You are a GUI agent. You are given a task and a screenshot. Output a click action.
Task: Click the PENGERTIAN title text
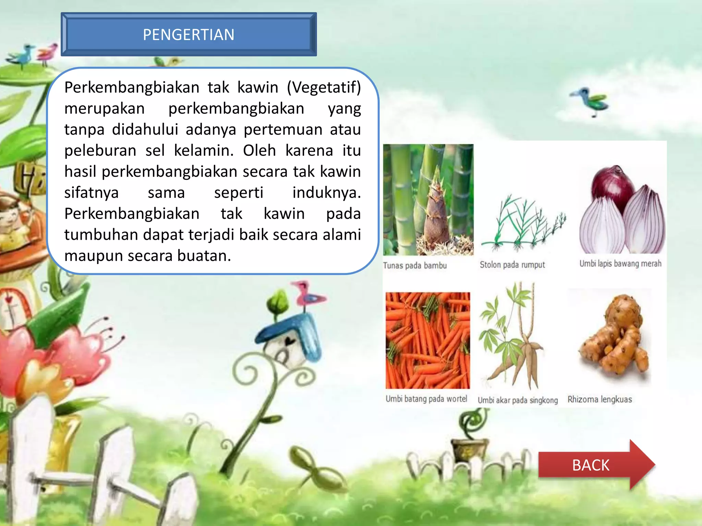tap(189, 35)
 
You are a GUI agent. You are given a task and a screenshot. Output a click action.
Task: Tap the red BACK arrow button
tap(591, 465)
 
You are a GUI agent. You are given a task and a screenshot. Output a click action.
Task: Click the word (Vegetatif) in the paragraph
tap(324, 87)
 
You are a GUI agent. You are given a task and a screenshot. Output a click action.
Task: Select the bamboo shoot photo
tap(428, 199)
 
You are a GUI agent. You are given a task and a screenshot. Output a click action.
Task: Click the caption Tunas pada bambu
tap(415, 266)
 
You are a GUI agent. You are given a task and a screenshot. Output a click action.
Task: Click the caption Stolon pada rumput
tap(512, 265)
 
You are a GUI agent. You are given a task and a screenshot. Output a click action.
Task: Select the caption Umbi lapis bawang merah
tap(620, 264)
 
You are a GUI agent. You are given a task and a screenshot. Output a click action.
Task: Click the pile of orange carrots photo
tap(427, 340)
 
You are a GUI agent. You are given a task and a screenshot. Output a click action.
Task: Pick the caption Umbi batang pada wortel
tap(426, 399)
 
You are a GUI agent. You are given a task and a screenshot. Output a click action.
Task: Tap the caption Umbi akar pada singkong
tap(518, 400)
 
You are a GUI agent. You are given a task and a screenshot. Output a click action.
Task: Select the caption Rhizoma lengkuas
tap(600, 400)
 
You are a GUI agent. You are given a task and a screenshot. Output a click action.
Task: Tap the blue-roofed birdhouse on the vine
tap(291, 339)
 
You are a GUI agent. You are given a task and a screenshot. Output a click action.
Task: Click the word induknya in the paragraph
tap(326, 193)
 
